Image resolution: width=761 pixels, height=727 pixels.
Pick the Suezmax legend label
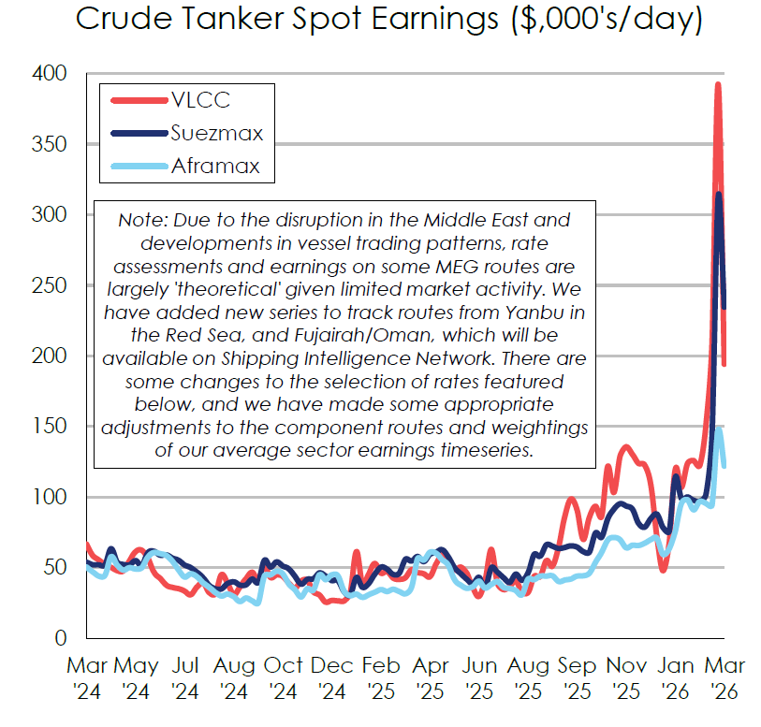216,133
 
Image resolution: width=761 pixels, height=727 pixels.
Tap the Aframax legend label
215,167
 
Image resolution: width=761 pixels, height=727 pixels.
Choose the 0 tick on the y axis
58,638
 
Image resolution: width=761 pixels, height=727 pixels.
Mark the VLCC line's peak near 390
718,85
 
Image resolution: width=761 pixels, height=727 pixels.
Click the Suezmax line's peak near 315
718,195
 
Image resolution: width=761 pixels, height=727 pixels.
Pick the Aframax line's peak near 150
719,429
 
